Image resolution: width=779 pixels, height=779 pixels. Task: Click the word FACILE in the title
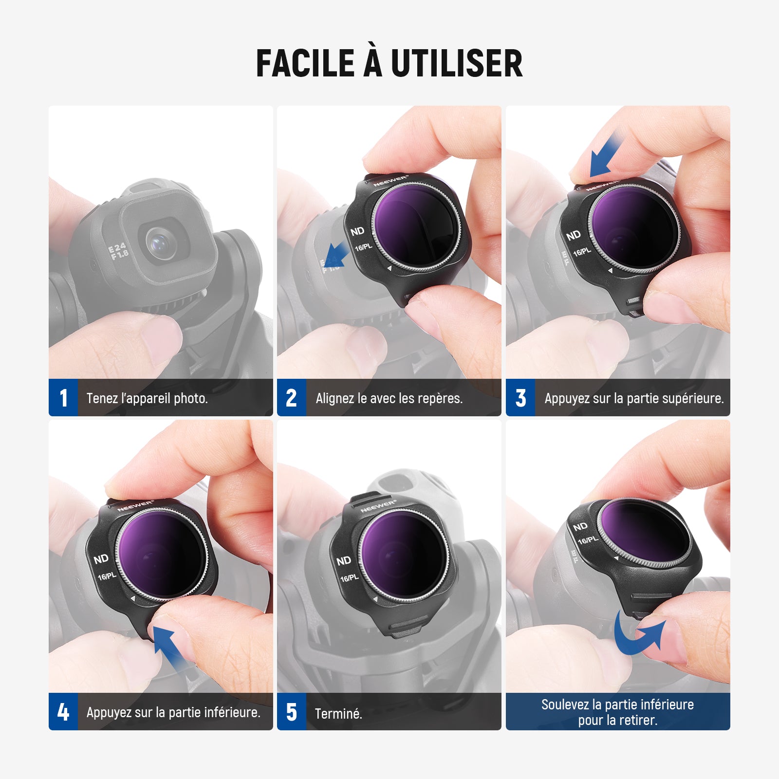click(x=305, y=63)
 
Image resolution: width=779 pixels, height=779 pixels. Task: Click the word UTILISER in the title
click(x=457, y=63)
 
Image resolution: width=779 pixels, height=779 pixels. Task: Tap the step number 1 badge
click(x=63, y=397)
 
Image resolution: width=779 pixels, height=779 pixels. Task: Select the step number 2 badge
click(x=292, y=397)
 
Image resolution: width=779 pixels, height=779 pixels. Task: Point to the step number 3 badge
click(x=520, y=397)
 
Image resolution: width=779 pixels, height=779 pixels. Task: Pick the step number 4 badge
click(x=63, y=711)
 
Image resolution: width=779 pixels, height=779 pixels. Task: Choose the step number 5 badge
click(x=292, y=711)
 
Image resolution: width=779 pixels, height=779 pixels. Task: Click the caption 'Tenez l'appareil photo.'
click(x=147, y=398)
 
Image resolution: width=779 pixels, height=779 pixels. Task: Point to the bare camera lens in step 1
click(x=159, y=242)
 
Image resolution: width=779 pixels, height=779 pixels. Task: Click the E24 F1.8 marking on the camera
click(x=118, y=251)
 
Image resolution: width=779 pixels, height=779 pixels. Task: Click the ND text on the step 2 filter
click(x=357, y=231)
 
